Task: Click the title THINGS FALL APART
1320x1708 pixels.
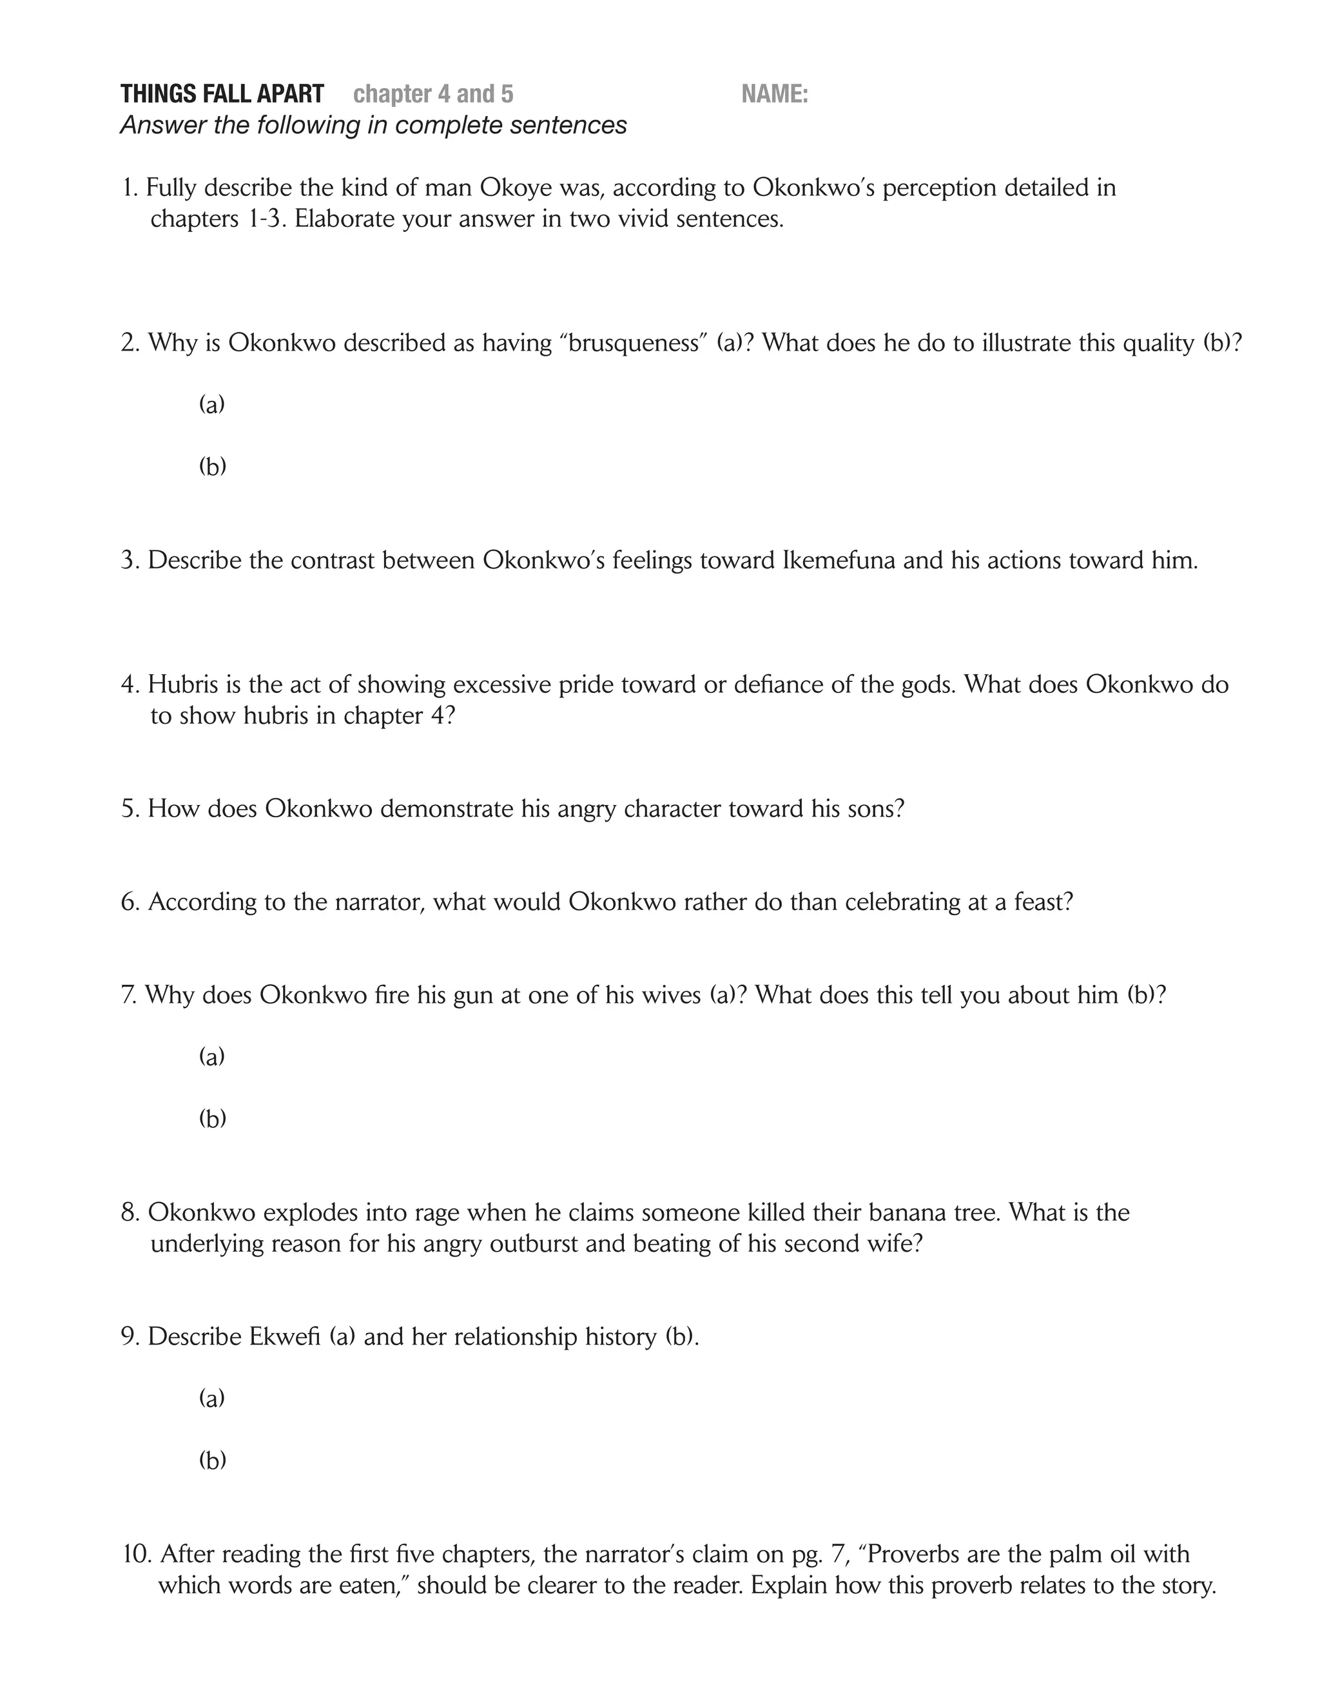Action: click(x=222, y=94)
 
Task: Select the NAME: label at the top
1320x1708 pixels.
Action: click(x=774, y=94)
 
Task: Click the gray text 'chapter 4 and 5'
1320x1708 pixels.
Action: click(x=433, y=94)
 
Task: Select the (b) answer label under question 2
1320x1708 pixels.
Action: click(x=212, y=466)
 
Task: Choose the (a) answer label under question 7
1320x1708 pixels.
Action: click(x=212, y=1056)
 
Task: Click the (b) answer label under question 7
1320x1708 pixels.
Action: click(x=212, y=1118)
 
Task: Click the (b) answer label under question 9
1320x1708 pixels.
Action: click(x=212, y=1460)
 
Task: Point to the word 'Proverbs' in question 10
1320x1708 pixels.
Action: click(x=915, y=1554)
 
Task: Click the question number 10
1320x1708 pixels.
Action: click(x=137, y=1554)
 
